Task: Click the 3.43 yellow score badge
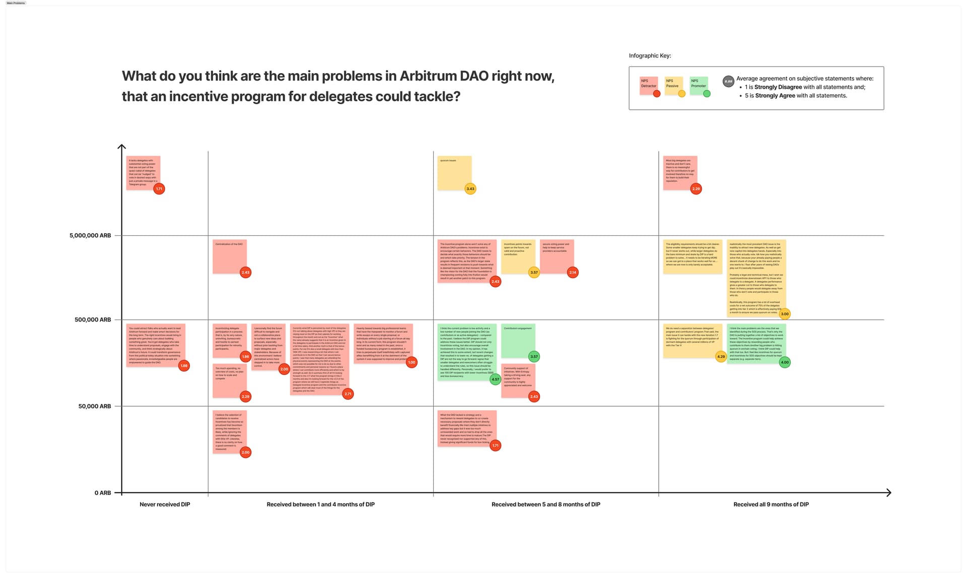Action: tap(470, 189)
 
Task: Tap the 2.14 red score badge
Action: tap(573, 273)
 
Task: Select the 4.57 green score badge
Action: tap(496, 379)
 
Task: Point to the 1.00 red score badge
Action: tap(411, 362)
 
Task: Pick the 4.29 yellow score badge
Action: tap(721, 357)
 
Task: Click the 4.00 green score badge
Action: tap(785, 362)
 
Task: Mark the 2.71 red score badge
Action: tap(348, 394)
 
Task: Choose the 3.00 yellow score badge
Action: tap(785, 314)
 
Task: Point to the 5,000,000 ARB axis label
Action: tap(90, 236)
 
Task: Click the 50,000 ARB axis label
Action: tap(94, 406)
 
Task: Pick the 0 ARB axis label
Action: tap(103, 493)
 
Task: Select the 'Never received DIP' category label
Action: tap(165, 504)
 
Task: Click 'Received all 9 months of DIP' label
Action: tap(771, 504)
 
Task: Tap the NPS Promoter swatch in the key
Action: tap(699, 85)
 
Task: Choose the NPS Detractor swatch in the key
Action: tap(649, 85)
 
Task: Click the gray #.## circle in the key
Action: tap(728, 82)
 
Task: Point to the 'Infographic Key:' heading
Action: tap(650, 56)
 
